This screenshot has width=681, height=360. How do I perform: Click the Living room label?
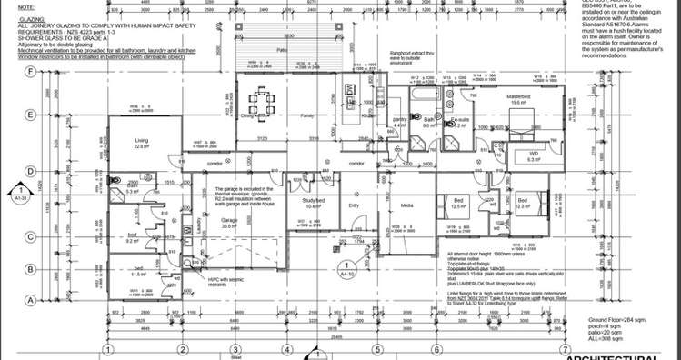click(142, 141)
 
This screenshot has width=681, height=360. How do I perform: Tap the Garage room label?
click(229, 221)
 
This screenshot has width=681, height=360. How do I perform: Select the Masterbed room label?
click(519, 95)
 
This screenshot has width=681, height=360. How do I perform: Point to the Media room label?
click(406, 205)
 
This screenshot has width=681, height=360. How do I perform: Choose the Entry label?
click(355, 206)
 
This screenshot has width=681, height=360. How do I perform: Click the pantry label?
click(398, 119)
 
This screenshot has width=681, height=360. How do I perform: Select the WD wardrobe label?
click(534, 155)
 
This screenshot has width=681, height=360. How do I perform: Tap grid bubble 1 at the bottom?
click(107, 349)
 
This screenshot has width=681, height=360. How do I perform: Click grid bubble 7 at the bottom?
click(565, 349)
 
